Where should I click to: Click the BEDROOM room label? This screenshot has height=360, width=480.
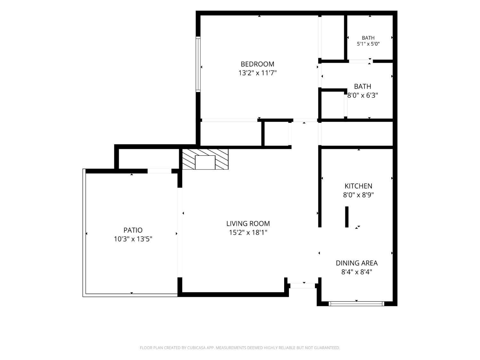point(257,64)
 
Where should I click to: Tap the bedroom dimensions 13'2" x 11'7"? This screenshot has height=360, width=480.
point(257,73)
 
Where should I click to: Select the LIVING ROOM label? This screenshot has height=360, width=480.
point(248,223)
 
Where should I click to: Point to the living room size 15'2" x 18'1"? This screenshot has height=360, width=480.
point(248,232)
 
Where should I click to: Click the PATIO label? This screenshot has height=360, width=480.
point(133,230)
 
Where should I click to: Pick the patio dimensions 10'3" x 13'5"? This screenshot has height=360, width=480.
point(133,239)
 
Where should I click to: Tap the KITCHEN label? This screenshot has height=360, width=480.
point(358,186)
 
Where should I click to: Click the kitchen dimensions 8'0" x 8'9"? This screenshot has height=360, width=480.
point(358,195)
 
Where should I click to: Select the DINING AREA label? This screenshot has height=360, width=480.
point(357,263)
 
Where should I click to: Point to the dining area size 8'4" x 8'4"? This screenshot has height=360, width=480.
point(357,272)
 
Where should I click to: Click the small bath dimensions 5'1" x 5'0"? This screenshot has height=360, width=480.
point(368,44)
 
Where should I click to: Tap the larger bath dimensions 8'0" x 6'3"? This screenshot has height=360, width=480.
point(363,95)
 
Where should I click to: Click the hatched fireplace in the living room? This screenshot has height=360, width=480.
point(205,159)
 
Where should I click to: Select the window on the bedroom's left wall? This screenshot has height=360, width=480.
point(198,64)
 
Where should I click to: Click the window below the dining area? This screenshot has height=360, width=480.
point(356,304)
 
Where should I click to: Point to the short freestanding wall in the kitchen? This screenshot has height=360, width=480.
point(347,217)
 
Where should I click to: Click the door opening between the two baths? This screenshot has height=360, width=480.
point(361,61)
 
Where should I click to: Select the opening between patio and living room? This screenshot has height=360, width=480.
point(180,233)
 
